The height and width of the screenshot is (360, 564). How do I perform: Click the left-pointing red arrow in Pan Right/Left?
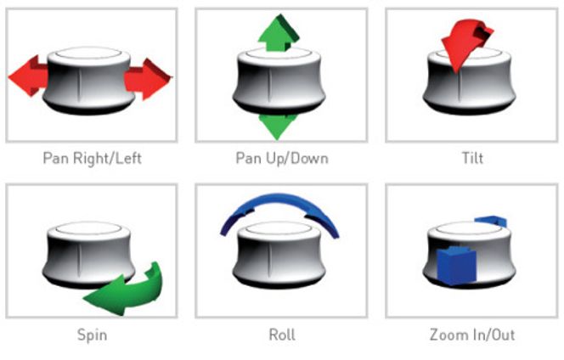point(28,76)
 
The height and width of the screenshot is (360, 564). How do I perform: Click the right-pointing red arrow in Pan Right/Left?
point(148,79)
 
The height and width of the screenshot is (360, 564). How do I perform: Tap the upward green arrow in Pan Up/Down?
point(278,33)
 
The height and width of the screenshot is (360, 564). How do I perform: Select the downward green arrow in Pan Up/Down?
point(277,127)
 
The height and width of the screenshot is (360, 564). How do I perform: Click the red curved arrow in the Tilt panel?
point(464,43)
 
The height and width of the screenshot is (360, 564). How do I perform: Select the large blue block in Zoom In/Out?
point(456,266)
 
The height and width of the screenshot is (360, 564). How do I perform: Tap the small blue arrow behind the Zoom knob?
point(491,221)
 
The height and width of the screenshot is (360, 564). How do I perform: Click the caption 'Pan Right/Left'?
point(92,158)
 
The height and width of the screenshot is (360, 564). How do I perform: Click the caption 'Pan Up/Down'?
point(282,158)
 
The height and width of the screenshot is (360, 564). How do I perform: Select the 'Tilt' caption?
point(472,158)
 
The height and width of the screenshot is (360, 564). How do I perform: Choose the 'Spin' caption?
point(92,335)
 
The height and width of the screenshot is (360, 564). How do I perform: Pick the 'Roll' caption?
point(282,335)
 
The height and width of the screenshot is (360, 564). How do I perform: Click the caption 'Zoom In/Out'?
point(472,335)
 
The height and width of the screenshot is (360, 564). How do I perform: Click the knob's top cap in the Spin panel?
point(89,228)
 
